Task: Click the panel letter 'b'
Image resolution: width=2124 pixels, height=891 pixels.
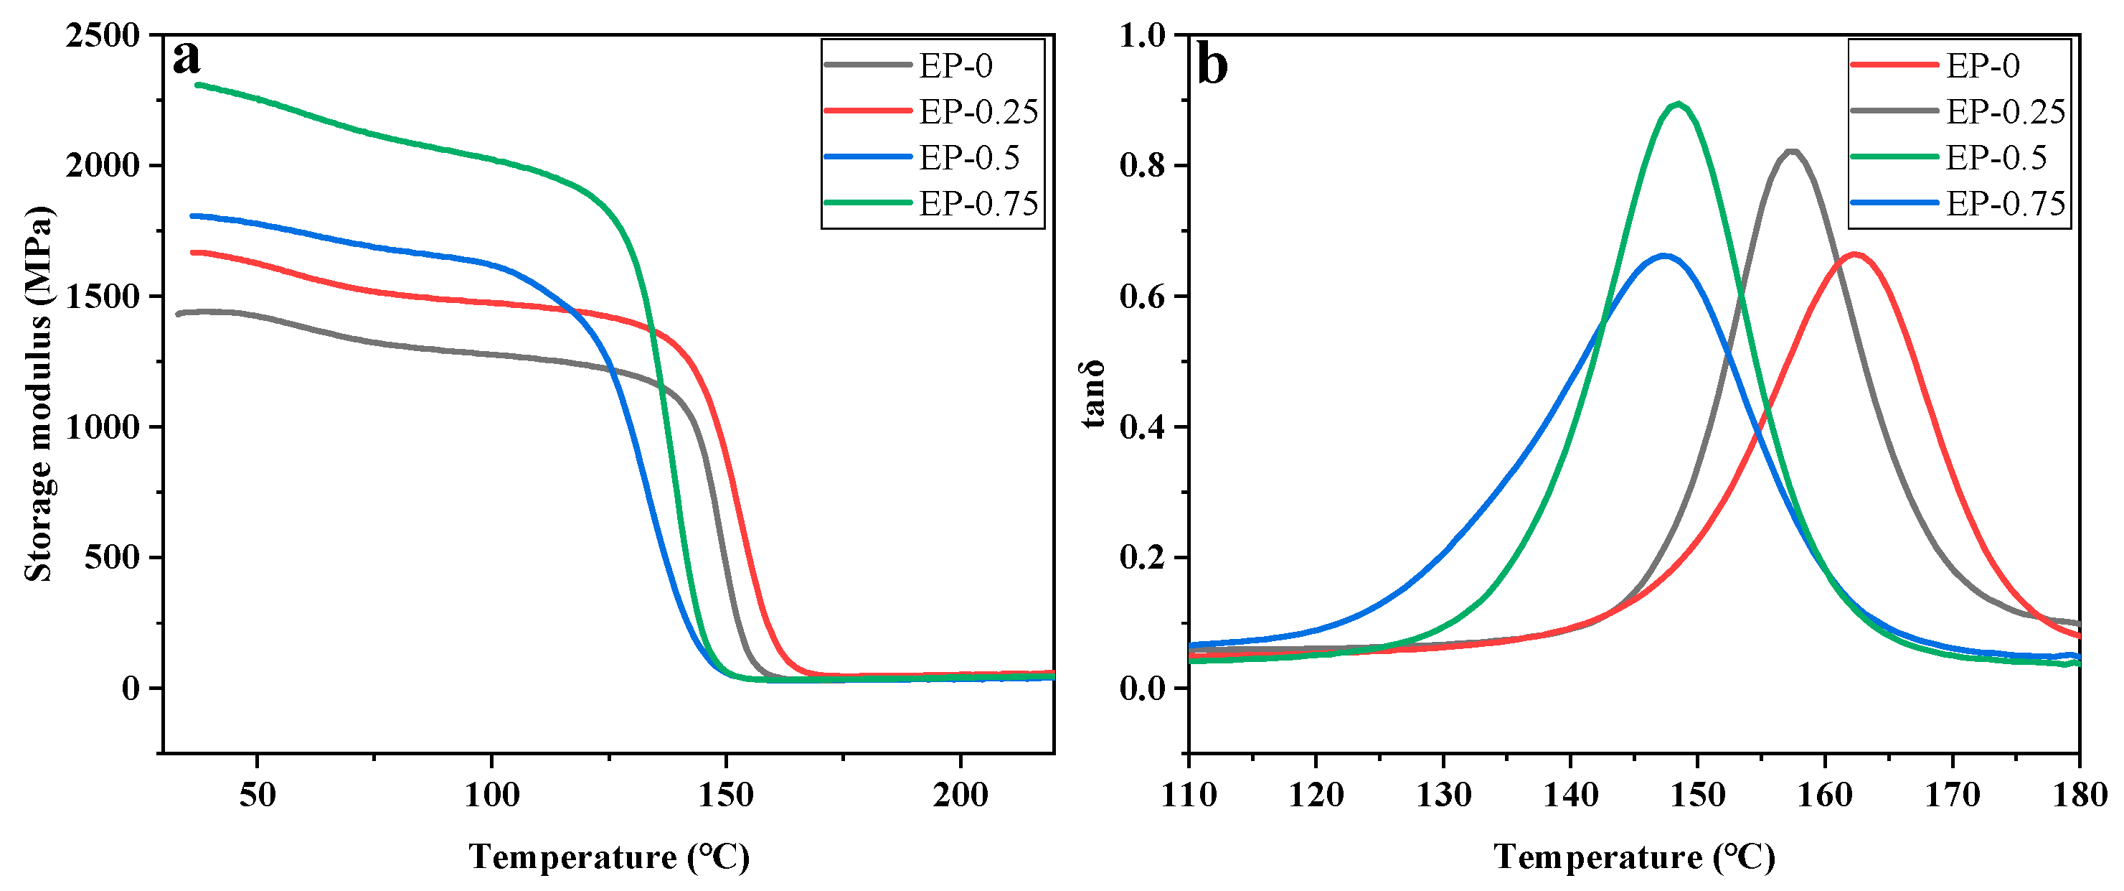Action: pos(1212,65)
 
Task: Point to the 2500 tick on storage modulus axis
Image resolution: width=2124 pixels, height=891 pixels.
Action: pos(103,35)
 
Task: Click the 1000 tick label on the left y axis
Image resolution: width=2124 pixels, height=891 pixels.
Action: pos(103,427)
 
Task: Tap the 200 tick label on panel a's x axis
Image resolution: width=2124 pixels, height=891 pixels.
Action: pos(960,796)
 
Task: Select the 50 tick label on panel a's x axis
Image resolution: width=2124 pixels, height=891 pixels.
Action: pos(258,796)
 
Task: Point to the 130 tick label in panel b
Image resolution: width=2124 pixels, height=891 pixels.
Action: pos(1443,796)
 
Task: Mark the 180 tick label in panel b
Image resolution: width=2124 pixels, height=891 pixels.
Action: pos(2079,796)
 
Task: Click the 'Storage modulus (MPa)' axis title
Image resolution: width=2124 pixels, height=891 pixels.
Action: pos(38,394)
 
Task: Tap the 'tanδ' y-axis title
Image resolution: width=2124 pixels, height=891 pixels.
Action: pos(1093,394)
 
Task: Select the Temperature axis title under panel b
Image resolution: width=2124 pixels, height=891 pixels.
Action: pos(1634,857)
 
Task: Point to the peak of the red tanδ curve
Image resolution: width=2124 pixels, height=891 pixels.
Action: pos(1855,254)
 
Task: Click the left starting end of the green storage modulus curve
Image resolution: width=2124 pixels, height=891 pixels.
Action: pos(197,84)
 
